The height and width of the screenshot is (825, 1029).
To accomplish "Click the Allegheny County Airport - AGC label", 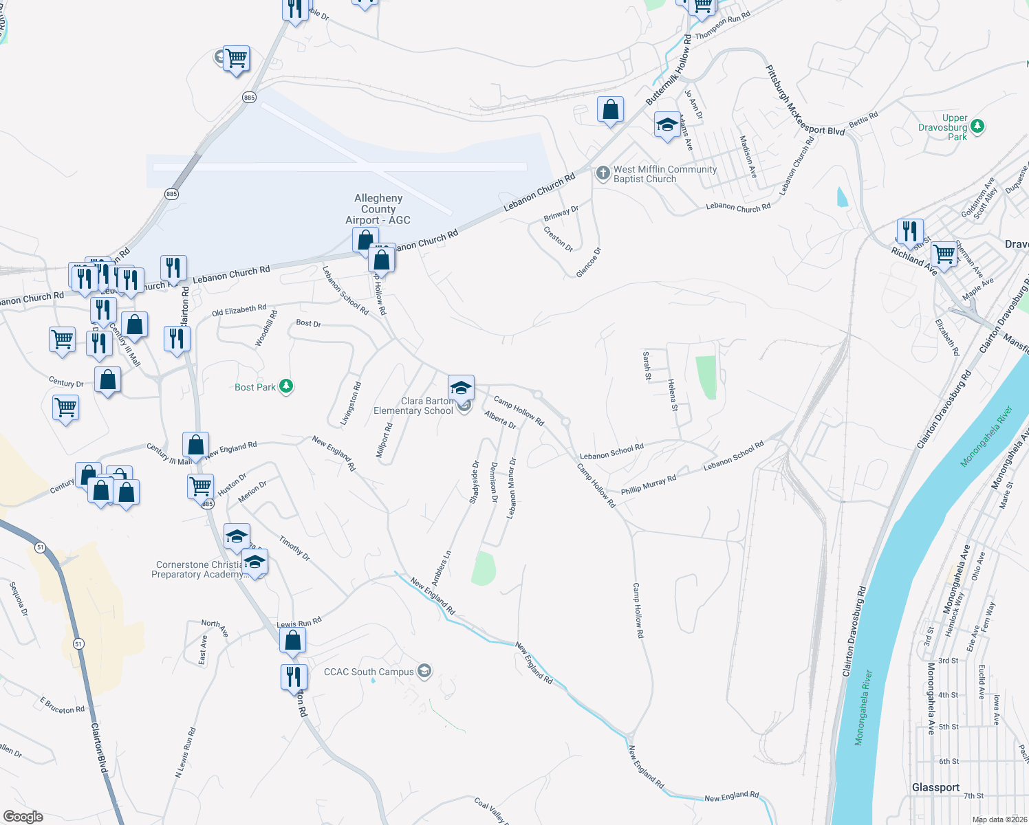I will coord(378,209).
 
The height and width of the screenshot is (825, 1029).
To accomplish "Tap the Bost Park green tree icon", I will coord(286,386).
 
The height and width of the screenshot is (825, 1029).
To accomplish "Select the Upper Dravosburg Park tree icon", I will coord(977,126).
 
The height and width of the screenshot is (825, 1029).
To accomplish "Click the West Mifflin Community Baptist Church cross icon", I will coord(603,173).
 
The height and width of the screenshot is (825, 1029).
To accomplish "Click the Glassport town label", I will coord(935,787).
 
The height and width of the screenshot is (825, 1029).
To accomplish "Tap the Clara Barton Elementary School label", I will coord(414,406).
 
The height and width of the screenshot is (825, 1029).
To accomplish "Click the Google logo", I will coord(23,817).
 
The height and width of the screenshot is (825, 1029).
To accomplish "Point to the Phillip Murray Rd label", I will coord(649,485).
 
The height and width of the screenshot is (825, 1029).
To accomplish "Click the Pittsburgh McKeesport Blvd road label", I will coord(805,100).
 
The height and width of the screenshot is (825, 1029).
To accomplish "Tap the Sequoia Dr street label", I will coord(19,598).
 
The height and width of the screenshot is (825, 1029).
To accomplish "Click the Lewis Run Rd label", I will coord(299,624).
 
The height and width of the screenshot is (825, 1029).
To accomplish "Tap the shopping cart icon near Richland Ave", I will coord(944,254).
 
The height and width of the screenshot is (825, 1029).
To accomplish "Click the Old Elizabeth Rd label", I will coord(239,311).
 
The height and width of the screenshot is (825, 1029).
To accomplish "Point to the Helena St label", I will coord(672,395).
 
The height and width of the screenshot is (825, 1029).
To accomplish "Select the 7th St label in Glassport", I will coord(973,795).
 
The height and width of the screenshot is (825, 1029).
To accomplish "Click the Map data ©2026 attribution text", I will coord(999,819).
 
